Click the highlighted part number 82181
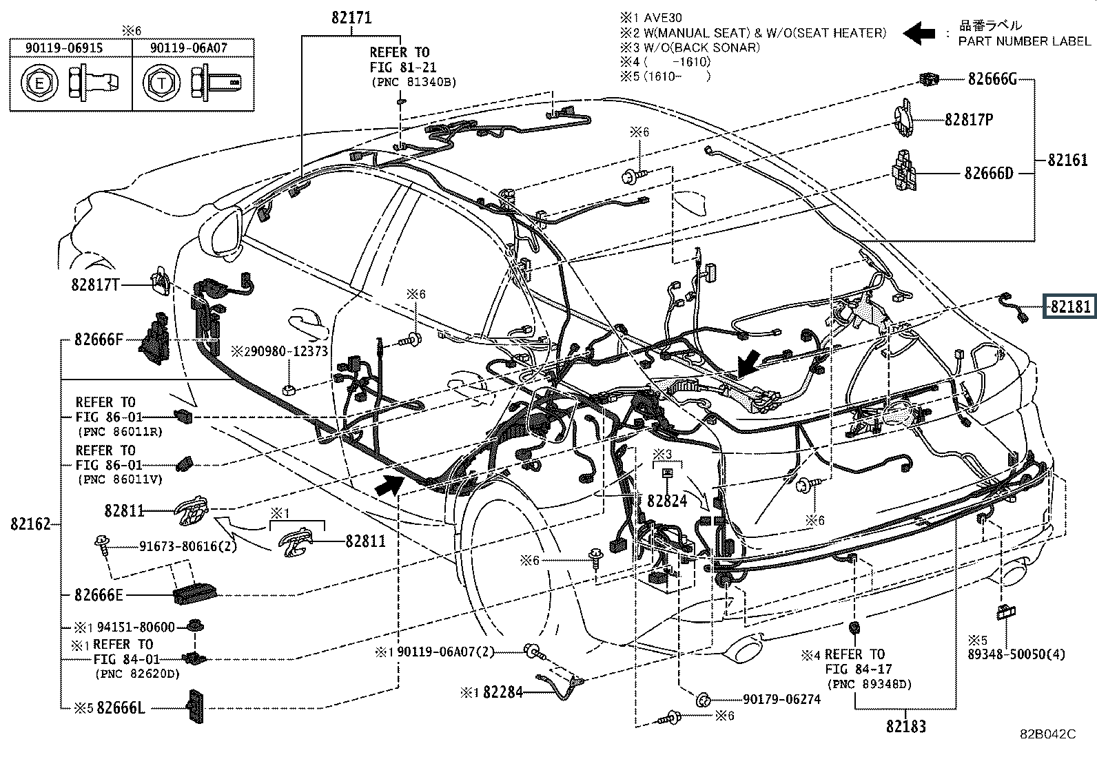(x=1071, y=307)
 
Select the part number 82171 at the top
(x=351, y=18)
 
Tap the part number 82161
(x=1067, y=160)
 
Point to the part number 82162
(x=30, y=524)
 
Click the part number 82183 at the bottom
(x=906, y=726)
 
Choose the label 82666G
(x=992, y=79)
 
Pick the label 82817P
(x=969, y=119)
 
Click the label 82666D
(x=989, y=173)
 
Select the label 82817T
(x=96, y=284)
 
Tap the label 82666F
(x=99, y=340)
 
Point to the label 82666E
(x=99, y=595)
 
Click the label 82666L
(x=121, y=707)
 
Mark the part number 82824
(x=667, y=501)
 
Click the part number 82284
(x=503, y=692)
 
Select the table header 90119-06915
(x=64, y=48)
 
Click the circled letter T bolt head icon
(x=161, y=83)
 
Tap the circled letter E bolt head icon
(x=40, y=83)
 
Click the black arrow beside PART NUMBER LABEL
(x=919, y=33)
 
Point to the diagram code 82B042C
(x=1048, y=734)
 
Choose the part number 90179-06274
(x=781, y=699)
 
